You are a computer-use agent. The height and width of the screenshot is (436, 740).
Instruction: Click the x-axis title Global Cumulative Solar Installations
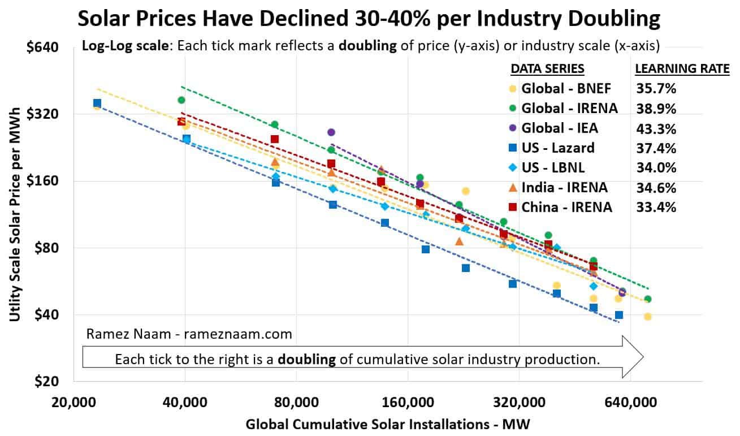point(388,424)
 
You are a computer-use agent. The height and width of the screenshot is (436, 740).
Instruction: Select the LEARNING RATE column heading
point(682,69)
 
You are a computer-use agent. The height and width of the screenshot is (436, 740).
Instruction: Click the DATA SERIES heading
point(547,69)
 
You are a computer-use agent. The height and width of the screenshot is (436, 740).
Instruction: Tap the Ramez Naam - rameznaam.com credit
point(189,334)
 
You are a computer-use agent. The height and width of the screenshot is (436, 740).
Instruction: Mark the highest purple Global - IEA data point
point(331,132)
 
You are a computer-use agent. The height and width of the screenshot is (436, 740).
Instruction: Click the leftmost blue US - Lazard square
point(97,103)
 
